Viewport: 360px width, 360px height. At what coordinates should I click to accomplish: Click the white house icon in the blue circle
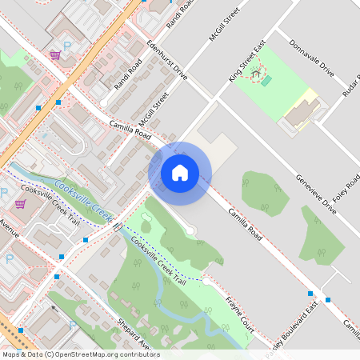pyautogui.click(x=180, y=173)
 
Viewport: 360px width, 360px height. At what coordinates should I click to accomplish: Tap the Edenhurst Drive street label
pyautogui.click(x=166, y=60)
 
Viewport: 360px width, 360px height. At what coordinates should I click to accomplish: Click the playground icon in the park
pyautogui.click(x=257, y=76)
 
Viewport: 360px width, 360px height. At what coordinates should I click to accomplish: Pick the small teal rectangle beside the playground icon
pyautogui.click(x=266, y=81)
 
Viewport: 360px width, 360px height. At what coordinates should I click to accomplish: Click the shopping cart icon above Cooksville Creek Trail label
pyautogui.click(x=20, y=203)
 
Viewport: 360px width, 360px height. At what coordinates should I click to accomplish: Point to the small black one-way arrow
pyautogui.click(x=54, y=307)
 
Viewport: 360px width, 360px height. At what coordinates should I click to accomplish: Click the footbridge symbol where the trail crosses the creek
pyautogui.click(x=118, y=226)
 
